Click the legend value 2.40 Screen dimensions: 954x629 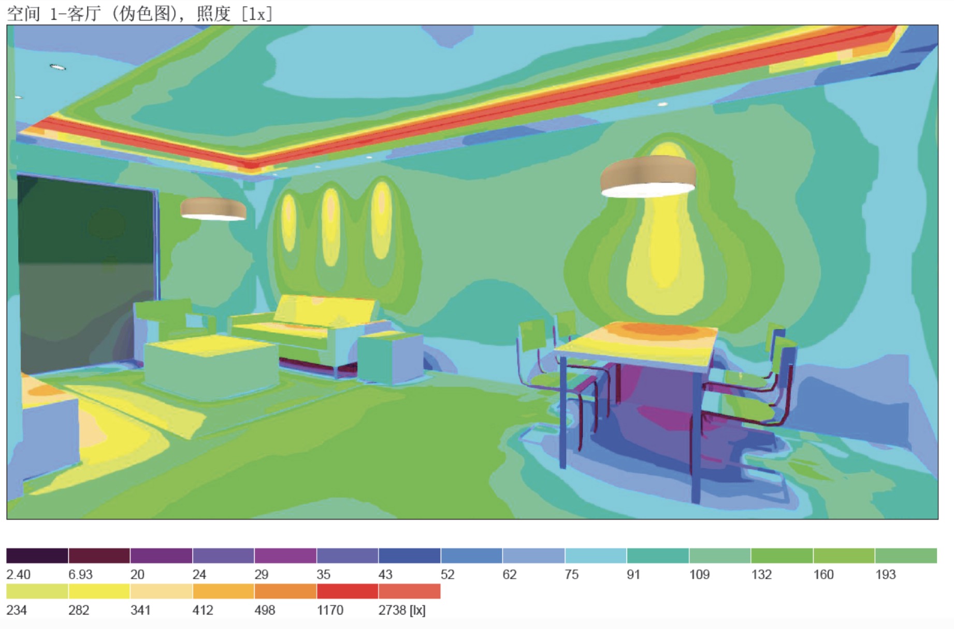point(18,575)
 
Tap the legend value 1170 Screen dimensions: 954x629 point(330,610)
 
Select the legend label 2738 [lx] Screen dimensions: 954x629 point(402,610)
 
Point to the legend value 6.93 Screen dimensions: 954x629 point(80,575)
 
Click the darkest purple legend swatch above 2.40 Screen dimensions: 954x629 point(37,555)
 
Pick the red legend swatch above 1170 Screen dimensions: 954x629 point(348,591)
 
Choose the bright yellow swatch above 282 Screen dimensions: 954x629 point(99,591)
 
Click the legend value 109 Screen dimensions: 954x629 point(699,575)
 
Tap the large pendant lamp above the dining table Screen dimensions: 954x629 point(648,177)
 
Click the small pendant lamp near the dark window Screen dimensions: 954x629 point(213,209)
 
